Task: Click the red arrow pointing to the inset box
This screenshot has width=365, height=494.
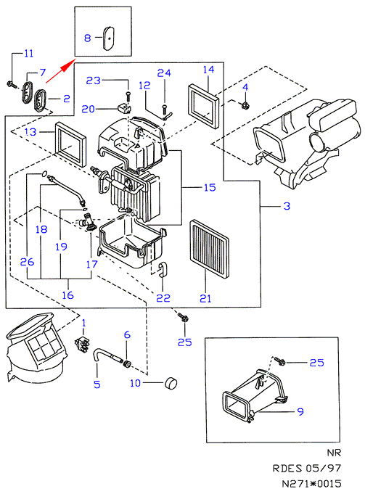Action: pos(60,71)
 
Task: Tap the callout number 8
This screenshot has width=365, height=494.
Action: pos(87,38)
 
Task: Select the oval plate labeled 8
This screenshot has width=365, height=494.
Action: pos(108,38)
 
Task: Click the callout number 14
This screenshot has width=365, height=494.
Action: pos(209,70)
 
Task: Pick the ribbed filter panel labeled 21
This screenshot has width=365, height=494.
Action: pos(209,249)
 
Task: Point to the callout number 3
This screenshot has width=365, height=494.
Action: pos(287,206)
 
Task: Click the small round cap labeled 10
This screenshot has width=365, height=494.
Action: pos(171,383)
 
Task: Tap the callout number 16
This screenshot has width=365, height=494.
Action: pos(67,295)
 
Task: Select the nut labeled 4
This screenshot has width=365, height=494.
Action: pos(245,106)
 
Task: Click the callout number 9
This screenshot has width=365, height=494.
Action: pos(300,411)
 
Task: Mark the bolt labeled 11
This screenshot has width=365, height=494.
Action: pos(11,84)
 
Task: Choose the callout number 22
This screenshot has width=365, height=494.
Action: pos(163,297)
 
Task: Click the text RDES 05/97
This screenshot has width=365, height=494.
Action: pos(307,468)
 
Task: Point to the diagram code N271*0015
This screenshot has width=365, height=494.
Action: pos(311,483)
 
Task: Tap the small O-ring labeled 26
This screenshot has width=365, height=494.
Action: pos(44,173)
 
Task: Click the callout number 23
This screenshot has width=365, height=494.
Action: pos(94,81)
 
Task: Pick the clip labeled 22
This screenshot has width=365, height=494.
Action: pos(163,271)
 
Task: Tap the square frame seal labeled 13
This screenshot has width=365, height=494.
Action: pos(70,144)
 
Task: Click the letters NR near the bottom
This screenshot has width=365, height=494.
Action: pos(334,453)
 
